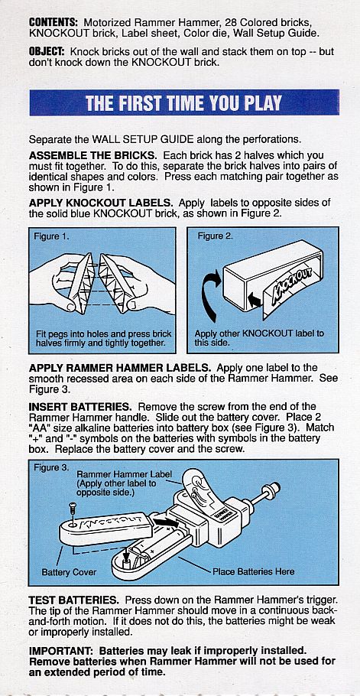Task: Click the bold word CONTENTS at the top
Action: [54, 22]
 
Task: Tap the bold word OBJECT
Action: [47, 52]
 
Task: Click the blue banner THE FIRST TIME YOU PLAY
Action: [184, 103]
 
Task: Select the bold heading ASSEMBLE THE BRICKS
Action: [92, 156]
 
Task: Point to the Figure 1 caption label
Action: [51, 236]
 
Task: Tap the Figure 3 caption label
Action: [51, 468]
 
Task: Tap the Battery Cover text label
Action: [69, 572]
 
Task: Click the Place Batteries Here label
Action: [254, 572]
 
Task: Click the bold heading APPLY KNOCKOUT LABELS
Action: [101, 203]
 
